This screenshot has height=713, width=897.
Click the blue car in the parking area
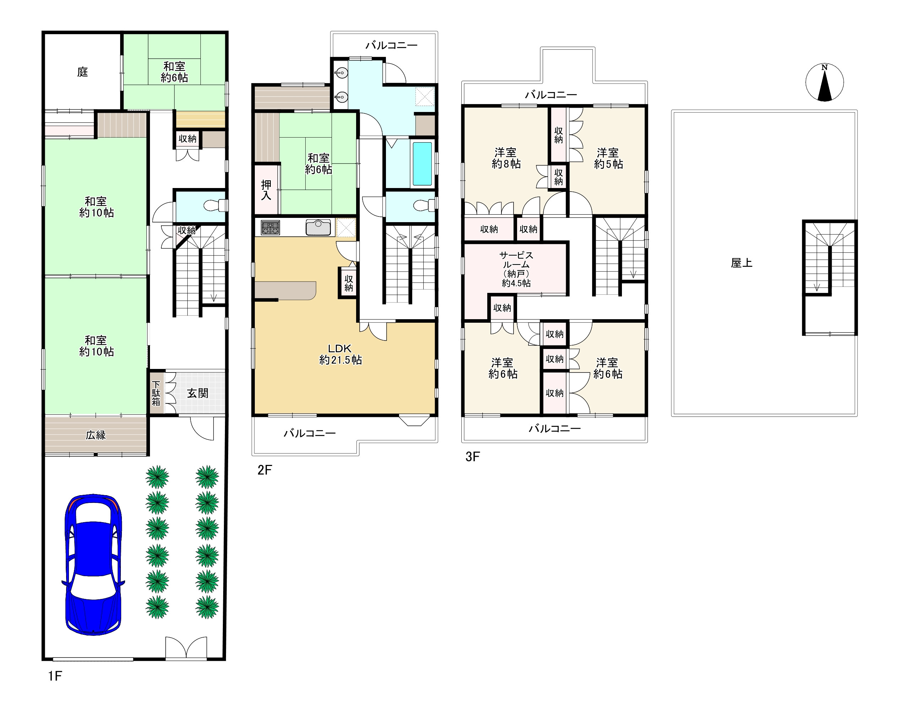click(93, 564)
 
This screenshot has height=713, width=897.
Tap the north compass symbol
click(824, 82)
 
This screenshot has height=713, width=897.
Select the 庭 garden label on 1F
click(82, 72)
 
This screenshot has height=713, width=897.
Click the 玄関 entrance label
click(198, 393)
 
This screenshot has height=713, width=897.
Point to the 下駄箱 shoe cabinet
click(157, 393)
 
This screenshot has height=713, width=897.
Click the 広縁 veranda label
click(96, 435)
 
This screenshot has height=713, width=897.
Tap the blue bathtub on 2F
click(422, 163)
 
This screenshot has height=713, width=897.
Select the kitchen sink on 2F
click(318, 227)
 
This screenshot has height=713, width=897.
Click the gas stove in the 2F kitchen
click(270, 227)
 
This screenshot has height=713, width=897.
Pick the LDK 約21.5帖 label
click(340, 354)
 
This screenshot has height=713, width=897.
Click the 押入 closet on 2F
click(266, 190)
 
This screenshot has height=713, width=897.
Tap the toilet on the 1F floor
click(215, 205)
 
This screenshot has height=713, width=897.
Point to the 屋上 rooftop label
click(742, 263)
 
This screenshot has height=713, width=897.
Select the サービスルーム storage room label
click(516, 269)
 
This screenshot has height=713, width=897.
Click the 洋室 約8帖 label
click(506, 158)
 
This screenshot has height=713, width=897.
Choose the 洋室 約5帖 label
click(608, 159)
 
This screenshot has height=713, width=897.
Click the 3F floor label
click(473, 457)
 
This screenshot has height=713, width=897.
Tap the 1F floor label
click(55, 676)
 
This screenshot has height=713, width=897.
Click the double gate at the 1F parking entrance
click(186, 648)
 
